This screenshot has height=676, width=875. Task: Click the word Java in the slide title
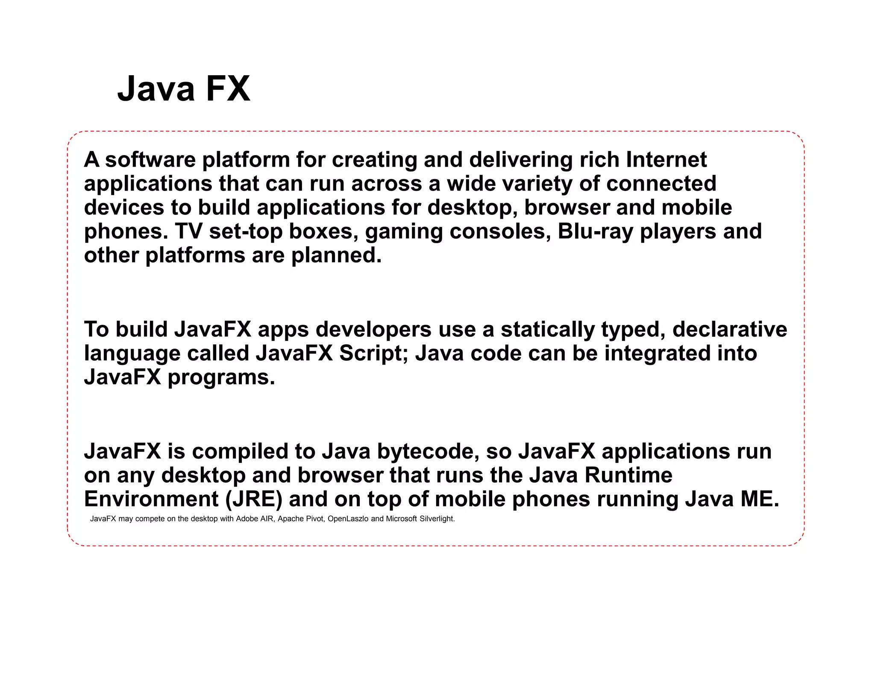[156, 89]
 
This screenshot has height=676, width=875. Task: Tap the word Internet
[666, 160]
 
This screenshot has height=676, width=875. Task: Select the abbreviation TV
[188, 232]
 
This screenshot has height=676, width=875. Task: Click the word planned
[336, 256]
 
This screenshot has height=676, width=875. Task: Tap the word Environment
[151, 499]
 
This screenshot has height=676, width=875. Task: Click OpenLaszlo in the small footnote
[348, 519]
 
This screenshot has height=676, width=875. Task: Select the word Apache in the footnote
[290, 519]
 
